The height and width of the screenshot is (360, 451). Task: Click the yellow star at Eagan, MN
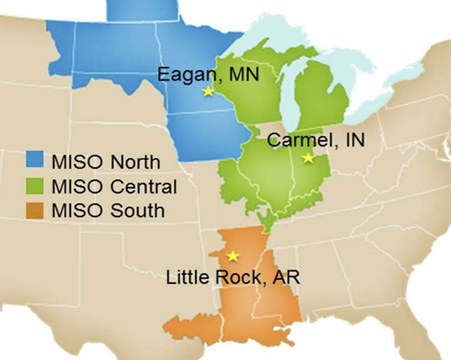(x=207, y=92)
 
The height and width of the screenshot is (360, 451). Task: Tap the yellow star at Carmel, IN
(x=308, y=158)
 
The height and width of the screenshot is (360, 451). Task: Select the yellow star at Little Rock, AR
(x=233, y=255)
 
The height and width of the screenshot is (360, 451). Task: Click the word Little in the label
(x=189, y=277)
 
